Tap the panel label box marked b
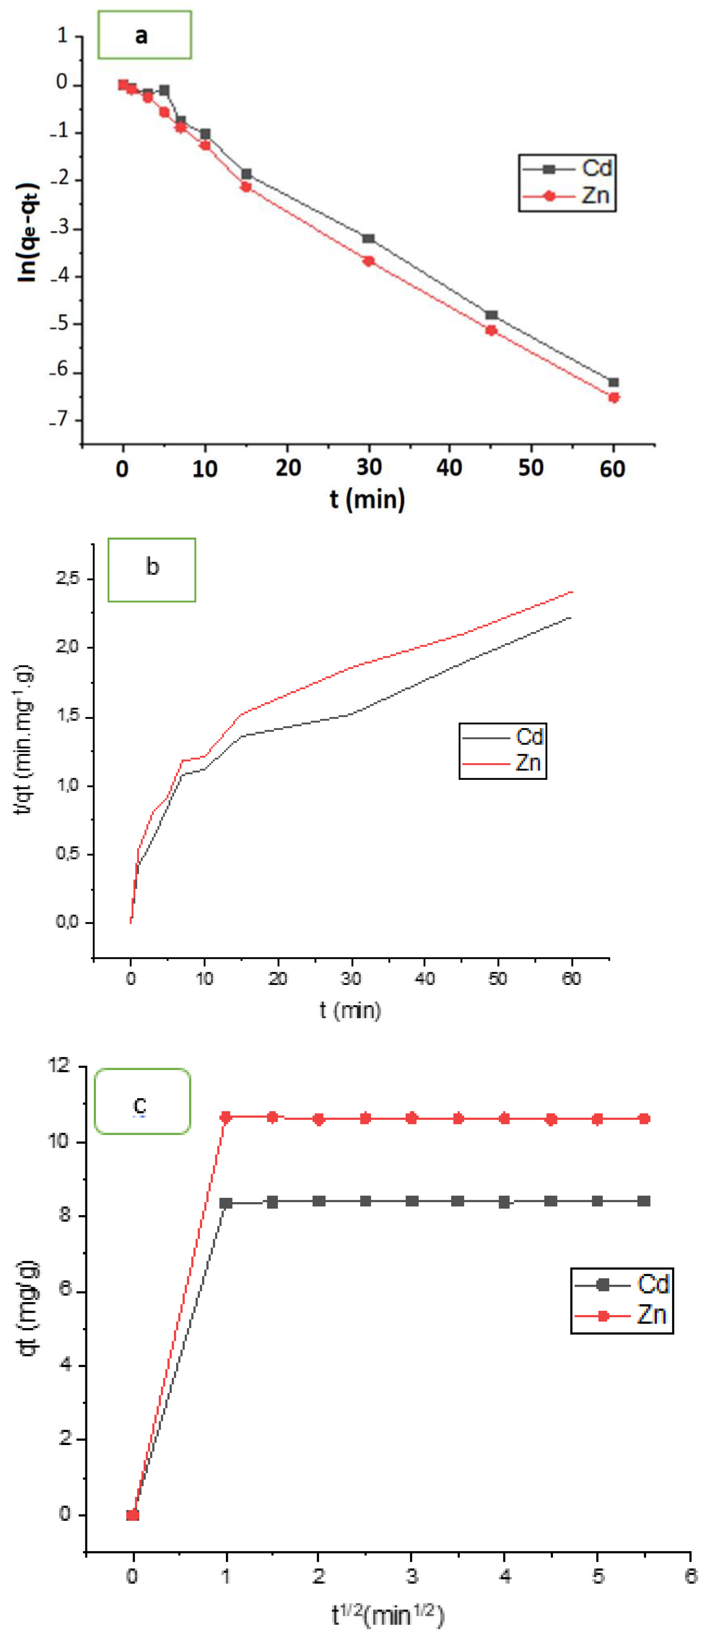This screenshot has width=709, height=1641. (152, 569)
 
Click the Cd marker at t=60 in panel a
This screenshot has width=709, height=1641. (613, 382)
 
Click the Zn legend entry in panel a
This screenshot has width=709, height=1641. (567, 196)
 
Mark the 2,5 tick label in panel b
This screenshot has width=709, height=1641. (68, 579)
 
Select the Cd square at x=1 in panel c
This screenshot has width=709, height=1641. (226, 1203)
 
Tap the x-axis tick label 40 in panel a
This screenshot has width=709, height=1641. (449, 468)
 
